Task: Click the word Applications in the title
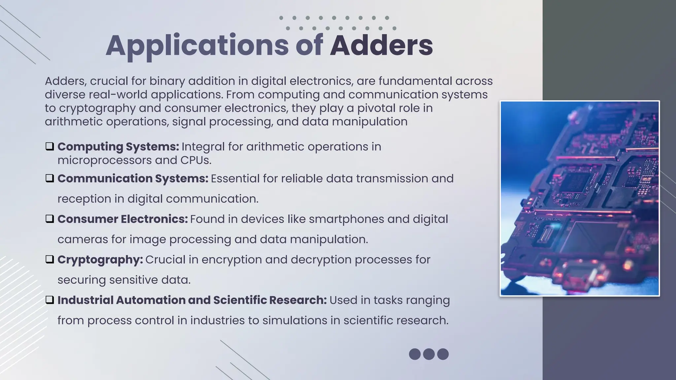[x=197, y=46]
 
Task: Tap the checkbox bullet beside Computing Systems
[x=50, y=146]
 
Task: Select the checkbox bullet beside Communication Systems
[x=50, y=178]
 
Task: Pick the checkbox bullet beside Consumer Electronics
[x=50, y=219]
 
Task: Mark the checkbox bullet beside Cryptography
[x=50, y=260]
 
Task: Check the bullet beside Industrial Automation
[x=50, y=300]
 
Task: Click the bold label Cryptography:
[x=100, y=260]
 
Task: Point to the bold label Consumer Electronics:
[x=122, y=219]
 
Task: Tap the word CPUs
[x=195, y=160]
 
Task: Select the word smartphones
[x=346, y=219]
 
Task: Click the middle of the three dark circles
[x=429, y=354]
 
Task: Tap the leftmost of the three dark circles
[x=415, y=354]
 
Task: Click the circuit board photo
[x=580, y=198]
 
